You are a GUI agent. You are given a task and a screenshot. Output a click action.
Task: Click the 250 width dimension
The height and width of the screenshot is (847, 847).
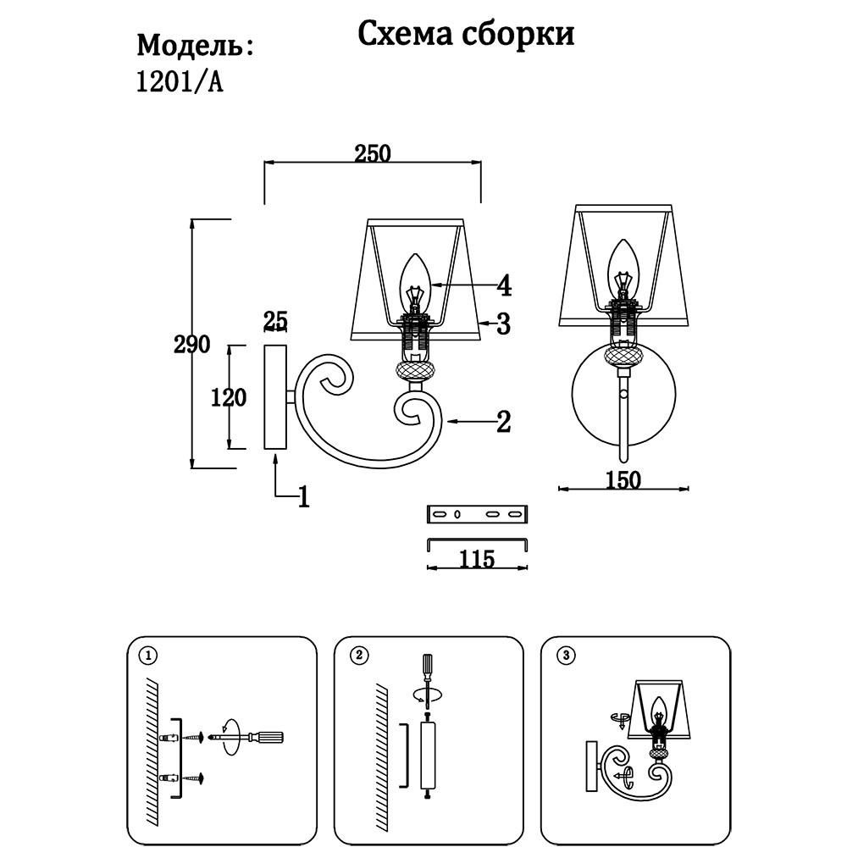coord(372,153)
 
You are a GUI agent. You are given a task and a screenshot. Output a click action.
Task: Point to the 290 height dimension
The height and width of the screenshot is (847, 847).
coord(191,346)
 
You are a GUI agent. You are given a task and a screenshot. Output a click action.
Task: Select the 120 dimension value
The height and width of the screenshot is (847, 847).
coord(229,396)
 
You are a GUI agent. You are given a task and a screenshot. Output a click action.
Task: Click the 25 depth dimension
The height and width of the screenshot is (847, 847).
coord(276,321)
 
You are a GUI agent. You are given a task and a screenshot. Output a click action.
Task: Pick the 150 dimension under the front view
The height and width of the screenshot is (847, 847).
coord(623,480)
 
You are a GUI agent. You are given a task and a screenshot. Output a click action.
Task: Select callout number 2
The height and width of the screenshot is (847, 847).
coord(503,421)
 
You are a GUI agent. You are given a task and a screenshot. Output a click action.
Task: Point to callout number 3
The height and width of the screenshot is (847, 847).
coord(503,323)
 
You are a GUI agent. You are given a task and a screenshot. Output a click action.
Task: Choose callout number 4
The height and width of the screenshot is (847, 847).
coord(504,286)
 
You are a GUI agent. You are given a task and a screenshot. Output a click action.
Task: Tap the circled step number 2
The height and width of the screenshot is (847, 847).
coord(359,656)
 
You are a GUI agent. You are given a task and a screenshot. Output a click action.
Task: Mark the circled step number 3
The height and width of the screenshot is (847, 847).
coord(567,655)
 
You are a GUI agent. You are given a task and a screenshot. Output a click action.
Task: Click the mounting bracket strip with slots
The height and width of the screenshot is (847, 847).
coord(476,514)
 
